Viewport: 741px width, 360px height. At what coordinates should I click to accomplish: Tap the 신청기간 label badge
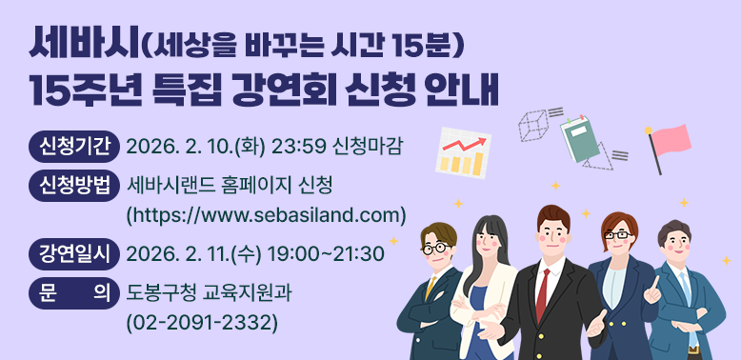tap(73, 147)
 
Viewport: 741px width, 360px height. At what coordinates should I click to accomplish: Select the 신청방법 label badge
tap(73, 184)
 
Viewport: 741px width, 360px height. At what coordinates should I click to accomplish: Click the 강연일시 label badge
tap(73, 253)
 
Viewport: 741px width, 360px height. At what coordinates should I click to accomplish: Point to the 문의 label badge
tap(73, 290)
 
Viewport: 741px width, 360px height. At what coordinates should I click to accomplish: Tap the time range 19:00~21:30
tap(329, 254)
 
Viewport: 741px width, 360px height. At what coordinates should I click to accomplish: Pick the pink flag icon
tap(669, 142)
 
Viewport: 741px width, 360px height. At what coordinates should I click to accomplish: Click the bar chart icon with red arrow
tap(462, 153)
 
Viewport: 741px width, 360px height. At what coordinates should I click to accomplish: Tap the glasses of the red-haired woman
tap(617, 234)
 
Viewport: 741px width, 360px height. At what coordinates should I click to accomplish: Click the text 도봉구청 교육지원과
tap(209, 291)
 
